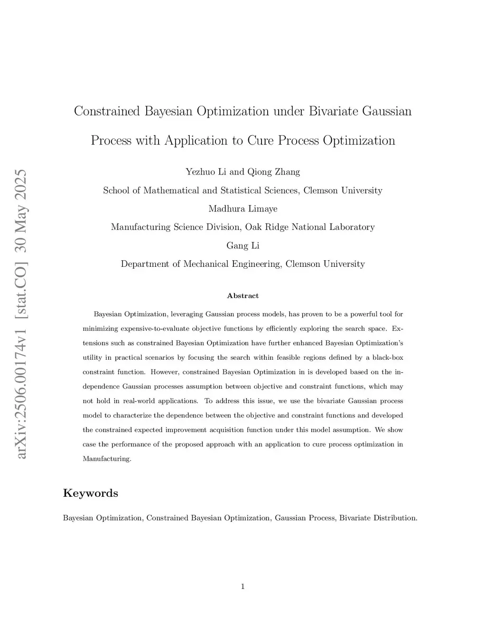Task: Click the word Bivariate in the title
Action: point(333,111)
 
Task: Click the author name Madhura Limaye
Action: point(243,209)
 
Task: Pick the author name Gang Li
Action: point(243,246)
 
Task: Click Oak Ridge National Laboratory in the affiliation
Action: point(310,227)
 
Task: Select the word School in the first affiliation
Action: point(116,191)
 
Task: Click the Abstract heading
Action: point(243,296)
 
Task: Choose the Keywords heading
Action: point(91,493)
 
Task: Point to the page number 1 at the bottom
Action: point(243,587)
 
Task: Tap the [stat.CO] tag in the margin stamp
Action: point(21,274)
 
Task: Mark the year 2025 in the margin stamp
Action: point(21,186)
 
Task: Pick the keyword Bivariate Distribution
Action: point(378,518)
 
